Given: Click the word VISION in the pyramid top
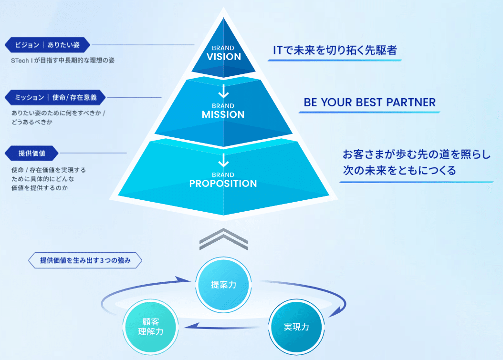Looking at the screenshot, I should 223,56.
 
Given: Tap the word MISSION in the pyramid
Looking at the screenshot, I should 223,114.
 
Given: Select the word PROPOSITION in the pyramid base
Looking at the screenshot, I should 223,184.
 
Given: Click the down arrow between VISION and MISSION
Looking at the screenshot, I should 223,91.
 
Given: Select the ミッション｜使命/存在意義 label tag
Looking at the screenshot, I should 55,98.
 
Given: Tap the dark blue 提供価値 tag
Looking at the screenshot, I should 31,153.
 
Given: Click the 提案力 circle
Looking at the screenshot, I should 223,285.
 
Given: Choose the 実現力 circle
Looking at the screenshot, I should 296,327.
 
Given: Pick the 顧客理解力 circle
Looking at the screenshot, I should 150,327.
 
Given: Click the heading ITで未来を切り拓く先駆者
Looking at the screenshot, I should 335,50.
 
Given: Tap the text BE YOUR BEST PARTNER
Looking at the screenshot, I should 369,103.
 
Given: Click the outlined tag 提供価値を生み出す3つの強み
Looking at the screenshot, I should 85,261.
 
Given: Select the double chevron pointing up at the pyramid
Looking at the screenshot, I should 223,239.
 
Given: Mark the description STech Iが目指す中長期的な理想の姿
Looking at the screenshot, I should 63,61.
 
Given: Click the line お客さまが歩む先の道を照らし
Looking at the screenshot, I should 417,154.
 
